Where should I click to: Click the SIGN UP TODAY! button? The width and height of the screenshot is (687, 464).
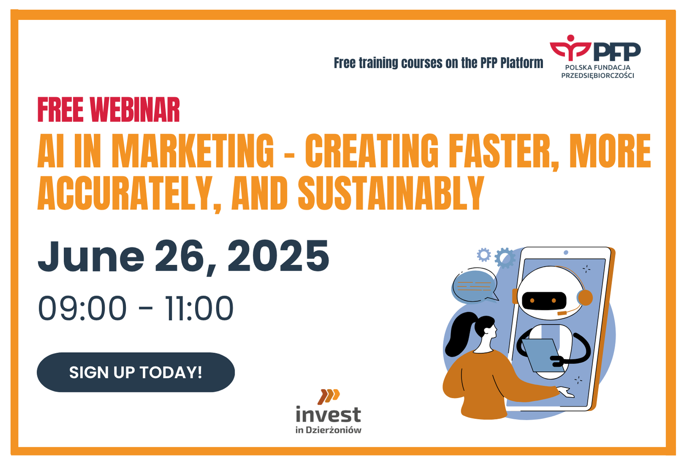(x=136, y=372)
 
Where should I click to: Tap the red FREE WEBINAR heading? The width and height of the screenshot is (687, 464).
(x=109, y=110)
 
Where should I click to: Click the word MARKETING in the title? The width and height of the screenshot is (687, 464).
(x=192, y=151)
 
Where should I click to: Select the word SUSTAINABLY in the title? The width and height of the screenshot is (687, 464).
(x=391, y=193)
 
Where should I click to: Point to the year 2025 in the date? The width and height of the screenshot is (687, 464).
(x=278, y=256)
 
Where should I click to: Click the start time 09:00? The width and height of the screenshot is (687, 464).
(x=82, y=308)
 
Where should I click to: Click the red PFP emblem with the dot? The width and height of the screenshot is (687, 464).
(x=570, y=49)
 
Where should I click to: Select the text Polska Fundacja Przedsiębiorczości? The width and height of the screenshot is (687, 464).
(x=598, y=71)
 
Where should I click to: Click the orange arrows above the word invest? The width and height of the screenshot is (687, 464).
(x=328, y=396)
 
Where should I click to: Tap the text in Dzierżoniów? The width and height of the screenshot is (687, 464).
(x=328, y=430)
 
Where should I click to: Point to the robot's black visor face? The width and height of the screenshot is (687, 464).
(x=544, y=300)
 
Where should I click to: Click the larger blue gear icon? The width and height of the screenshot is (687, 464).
(x=505, y=258)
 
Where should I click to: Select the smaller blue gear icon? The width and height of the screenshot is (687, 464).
(x=484, y=255)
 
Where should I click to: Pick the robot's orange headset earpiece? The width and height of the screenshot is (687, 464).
(x=585, y=298)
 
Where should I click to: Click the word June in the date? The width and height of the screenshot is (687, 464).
(x=91, y=256)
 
